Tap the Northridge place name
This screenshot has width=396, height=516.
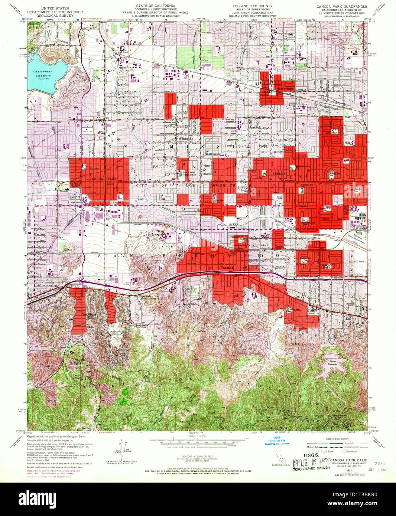point(285,89)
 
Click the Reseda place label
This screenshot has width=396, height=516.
point(279,174)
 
